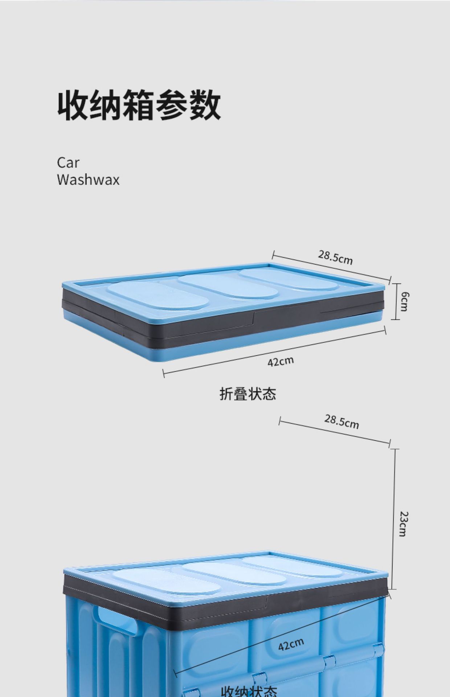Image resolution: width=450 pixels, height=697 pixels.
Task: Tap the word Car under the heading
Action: click(68, 163)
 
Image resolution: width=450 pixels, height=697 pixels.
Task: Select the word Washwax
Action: click(88, 180)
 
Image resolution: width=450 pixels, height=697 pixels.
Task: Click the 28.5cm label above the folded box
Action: click(335, 257)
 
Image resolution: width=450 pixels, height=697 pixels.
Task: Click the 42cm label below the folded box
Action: click(281, 362)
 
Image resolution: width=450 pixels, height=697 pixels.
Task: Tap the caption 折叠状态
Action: click(248, 394)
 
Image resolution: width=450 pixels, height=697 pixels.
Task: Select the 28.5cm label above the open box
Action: click(341, 421)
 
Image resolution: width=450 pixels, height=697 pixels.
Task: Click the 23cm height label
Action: click(404, 524)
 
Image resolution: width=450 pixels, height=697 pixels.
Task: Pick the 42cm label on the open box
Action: click(291, 644)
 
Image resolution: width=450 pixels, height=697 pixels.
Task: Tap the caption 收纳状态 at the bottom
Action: click(249, 690)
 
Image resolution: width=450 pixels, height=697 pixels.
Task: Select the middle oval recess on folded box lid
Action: click(228, 287)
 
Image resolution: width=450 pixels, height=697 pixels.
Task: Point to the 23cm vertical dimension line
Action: click(395, 519)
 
